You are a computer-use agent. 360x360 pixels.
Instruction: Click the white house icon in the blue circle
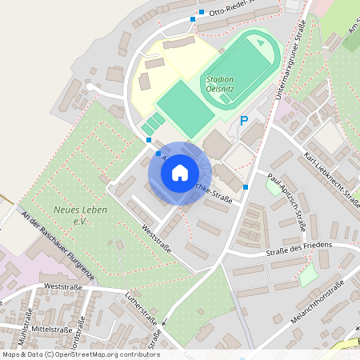pyautogui.click(x=180, y=172)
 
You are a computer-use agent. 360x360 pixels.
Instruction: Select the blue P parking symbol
pyautogui.click(x=244, y=121)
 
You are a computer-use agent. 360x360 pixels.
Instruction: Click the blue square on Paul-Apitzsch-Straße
pyautogui.click(x=246, y=187)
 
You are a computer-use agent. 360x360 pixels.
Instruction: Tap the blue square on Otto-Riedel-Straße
pyautogui.click(x=193, y=19)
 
